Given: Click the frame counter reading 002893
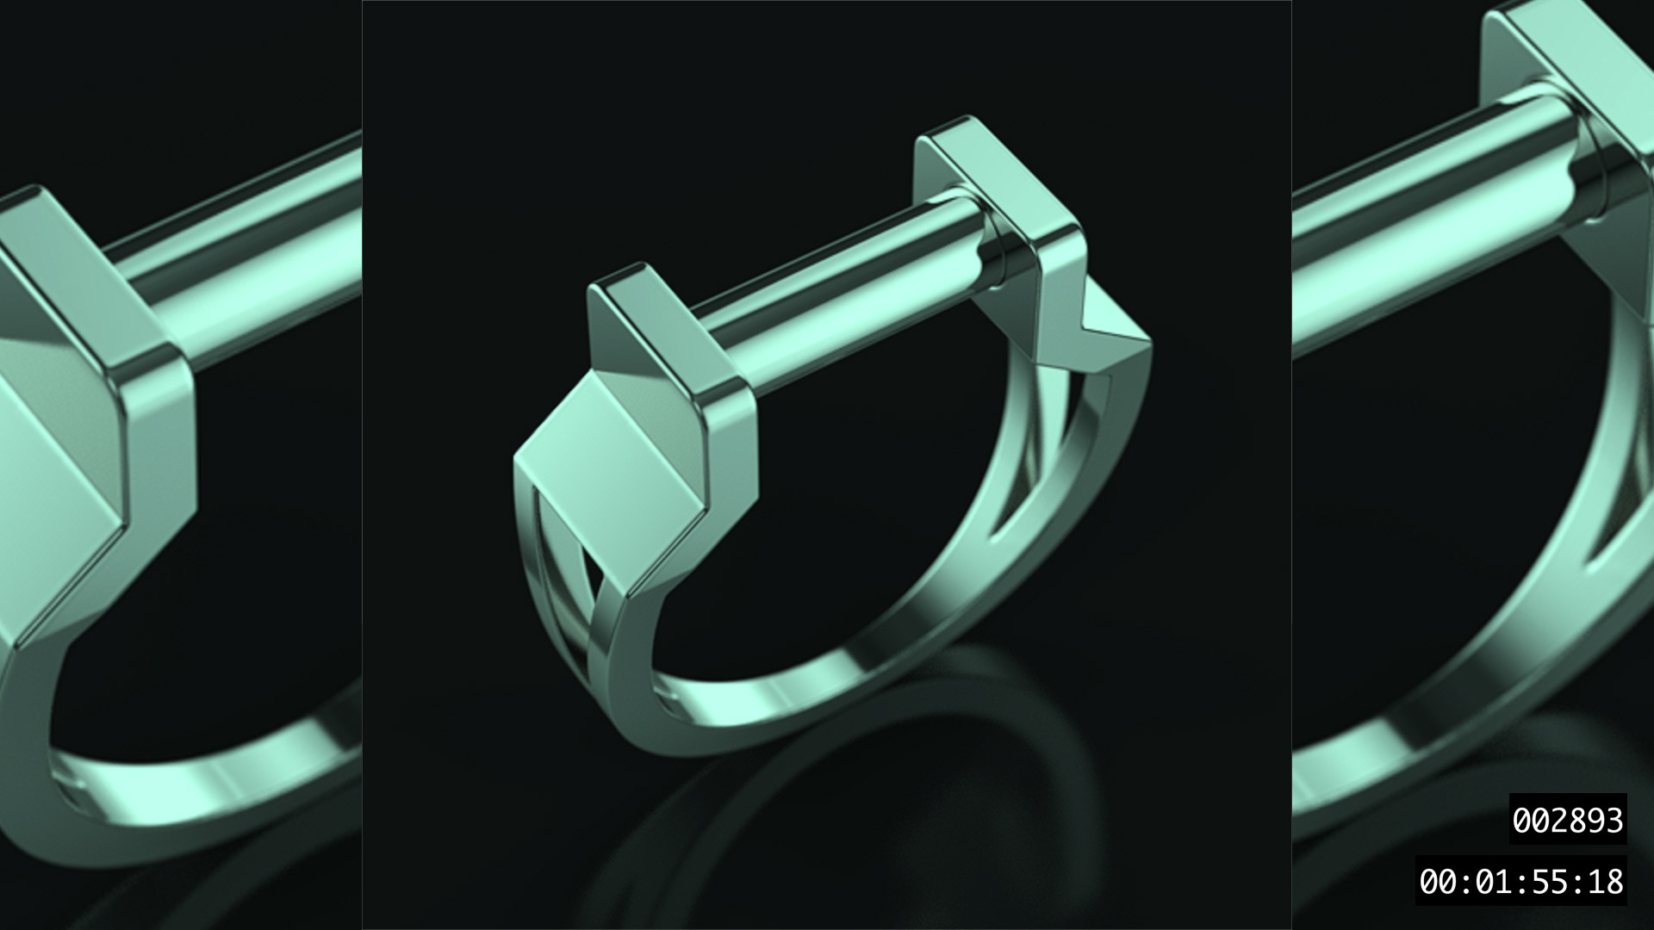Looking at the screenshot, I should (x=1568, y=819).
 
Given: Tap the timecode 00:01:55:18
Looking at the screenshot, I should (x=1521, y=881).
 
